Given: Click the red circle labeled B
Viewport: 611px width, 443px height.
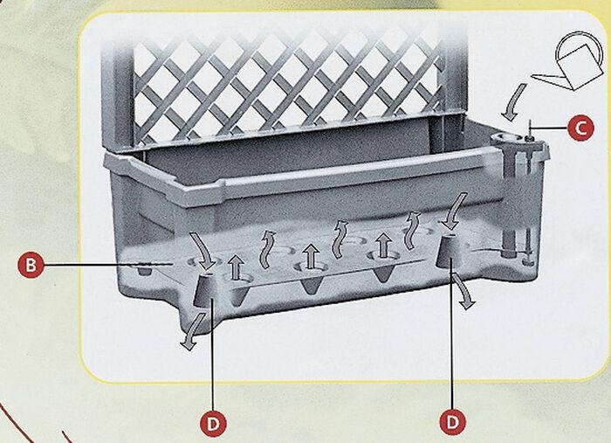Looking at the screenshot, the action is point(31,265).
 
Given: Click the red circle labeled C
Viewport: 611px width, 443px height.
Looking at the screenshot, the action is point(580,128).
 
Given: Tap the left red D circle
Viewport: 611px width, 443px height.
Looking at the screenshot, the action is point(213,424).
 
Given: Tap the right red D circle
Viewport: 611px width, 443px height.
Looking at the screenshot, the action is point(452,421).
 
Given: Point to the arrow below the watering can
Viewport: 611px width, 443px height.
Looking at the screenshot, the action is point(513,102).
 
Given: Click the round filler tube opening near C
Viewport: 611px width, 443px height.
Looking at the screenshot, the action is point(505,138).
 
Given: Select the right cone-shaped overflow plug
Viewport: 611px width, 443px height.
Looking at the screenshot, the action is point(447,252).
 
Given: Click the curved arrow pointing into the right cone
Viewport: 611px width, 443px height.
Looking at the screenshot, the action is point(454,211).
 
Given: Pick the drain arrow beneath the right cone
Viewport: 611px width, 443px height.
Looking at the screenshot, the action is point(463,291).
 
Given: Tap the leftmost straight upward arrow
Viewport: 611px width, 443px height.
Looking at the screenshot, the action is point(236,266).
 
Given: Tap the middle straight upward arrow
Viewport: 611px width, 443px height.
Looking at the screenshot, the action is point(310,256).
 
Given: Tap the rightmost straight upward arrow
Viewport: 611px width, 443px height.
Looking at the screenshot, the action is point(384,246).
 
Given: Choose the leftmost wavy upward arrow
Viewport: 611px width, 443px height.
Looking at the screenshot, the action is point(267,250).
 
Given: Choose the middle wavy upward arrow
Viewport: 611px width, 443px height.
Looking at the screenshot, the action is point(340,239).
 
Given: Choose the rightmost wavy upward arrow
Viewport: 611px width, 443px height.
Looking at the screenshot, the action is point(412,231).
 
